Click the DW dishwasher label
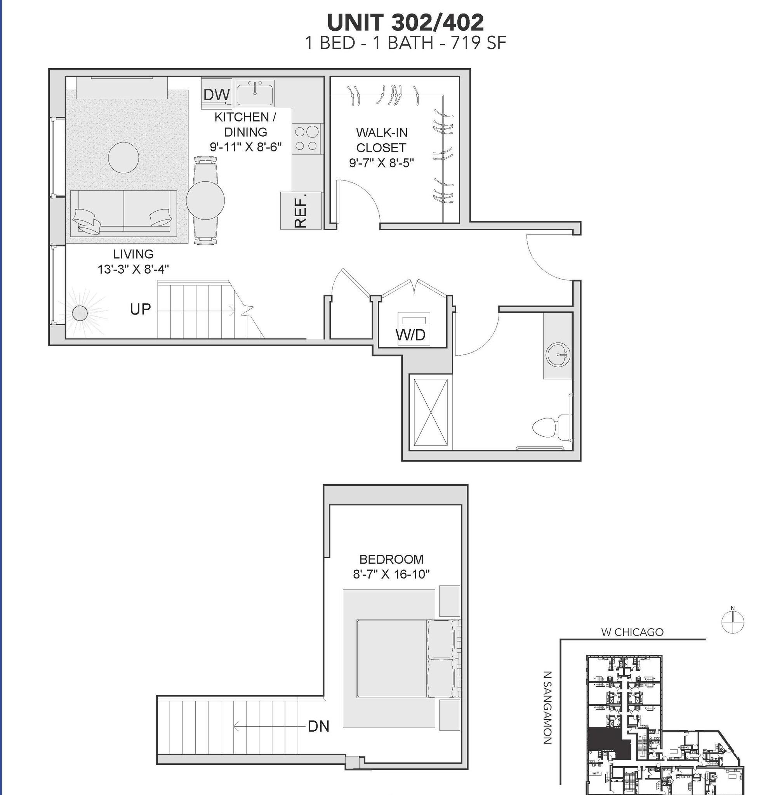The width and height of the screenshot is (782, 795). point(216,94)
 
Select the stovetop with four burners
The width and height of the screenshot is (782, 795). point(306,139)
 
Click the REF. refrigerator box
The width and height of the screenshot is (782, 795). point(301,211)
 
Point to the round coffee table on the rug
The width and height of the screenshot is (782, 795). point(123,157)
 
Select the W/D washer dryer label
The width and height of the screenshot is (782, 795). point(411,335)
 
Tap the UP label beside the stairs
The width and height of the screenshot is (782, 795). point(141,309)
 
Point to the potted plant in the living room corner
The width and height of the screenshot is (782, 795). point(80,313)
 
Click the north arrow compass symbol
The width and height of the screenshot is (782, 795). point(732,622)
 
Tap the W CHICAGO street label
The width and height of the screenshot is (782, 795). point(632,632)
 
